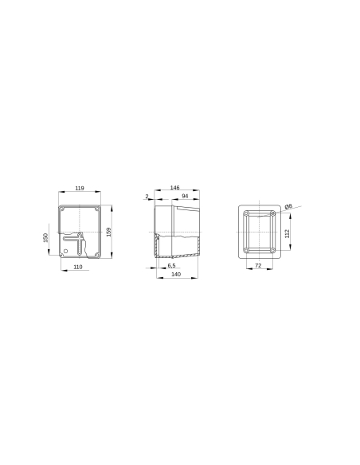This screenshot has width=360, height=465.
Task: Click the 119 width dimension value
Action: [x=80, y=188]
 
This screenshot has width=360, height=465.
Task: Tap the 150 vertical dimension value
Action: [x=47, y=238]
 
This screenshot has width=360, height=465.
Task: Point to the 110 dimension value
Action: [x=77, y=268]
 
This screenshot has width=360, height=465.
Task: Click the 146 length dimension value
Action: [x=174, y=188]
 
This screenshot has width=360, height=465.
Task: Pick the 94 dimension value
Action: [x=184, y=196]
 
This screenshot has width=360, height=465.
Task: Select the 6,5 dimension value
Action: [x=171, y=266]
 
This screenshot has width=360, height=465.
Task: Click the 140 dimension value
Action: [x=176, y=275]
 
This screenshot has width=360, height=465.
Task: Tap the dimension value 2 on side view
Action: [x=147, y=195]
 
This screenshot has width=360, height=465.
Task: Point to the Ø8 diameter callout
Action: [x=289, y=206]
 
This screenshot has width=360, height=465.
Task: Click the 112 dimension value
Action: [x=288, y=232]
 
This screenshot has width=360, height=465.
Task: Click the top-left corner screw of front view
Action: [x=63, y=209]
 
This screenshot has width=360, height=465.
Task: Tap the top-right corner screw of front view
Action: [x=96, y=209]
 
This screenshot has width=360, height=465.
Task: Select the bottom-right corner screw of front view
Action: [x=96, y=255]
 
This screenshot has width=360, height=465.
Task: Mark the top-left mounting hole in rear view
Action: [x=247, y=214]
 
